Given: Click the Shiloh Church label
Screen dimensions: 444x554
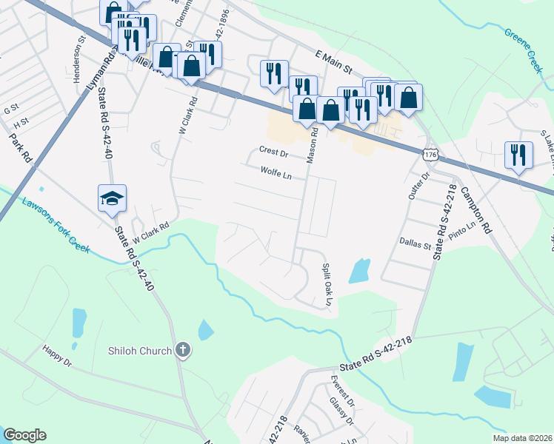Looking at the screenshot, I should pos(140,351).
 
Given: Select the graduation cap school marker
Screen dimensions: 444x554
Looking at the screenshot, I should pos(113,198).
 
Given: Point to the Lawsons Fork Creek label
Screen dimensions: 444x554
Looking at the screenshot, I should pos(56,225).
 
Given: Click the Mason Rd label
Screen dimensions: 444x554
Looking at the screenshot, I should pos(313,144).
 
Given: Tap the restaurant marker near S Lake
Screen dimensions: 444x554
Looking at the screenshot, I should pos(518,155).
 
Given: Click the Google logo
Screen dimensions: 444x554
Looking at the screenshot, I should pos(24,435).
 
